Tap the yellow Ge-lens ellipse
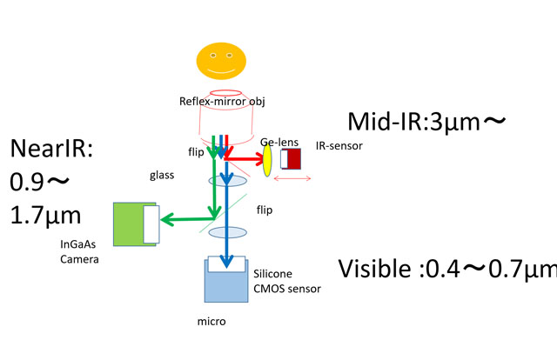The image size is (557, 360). (267, 159)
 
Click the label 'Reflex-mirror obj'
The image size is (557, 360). (222, 103)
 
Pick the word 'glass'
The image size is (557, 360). (162, 175)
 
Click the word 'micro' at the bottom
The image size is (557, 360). (212, 321)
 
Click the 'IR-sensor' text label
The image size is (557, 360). (339, 145)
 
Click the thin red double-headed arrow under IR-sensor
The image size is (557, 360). (292, 180)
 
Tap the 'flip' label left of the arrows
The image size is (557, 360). (196, 151)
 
